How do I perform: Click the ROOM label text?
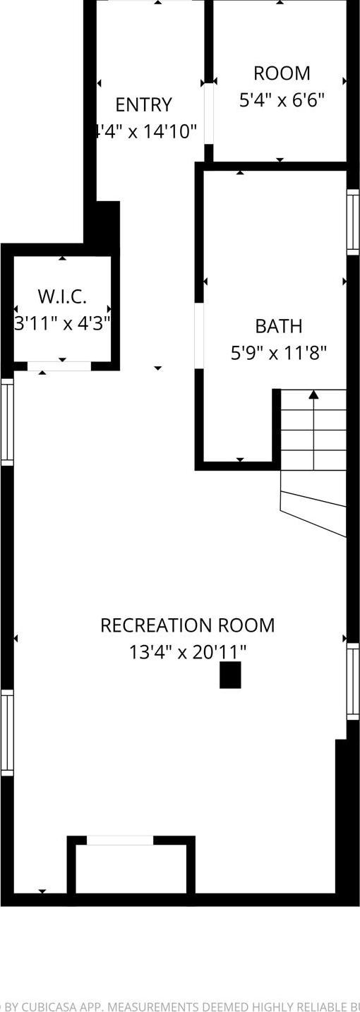click(282, 73)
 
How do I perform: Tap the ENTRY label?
click(143, 105)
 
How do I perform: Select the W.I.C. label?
click(62, 296)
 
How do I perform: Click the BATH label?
click(278, 326)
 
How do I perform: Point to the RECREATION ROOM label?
click(187, 625)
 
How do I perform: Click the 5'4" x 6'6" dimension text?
click(282, 100)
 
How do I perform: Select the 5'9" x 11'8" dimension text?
click(278, 353)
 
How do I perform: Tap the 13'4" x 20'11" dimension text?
click(187, 652)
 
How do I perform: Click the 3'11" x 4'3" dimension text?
click(62, 323)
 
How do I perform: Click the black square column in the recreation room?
click(230, 675)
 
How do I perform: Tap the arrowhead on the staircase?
click(313, 394)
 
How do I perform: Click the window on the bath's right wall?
click(353, 222)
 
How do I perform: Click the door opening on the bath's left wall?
click(199, 336)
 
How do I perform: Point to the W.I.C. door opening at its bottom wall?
click(59, 366)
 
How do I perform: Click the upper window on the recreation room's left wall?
click(7, 422)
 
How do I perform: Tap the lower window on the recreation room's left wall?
click(7, 733)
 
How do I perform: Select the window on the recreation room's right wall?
click(353, 681)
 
